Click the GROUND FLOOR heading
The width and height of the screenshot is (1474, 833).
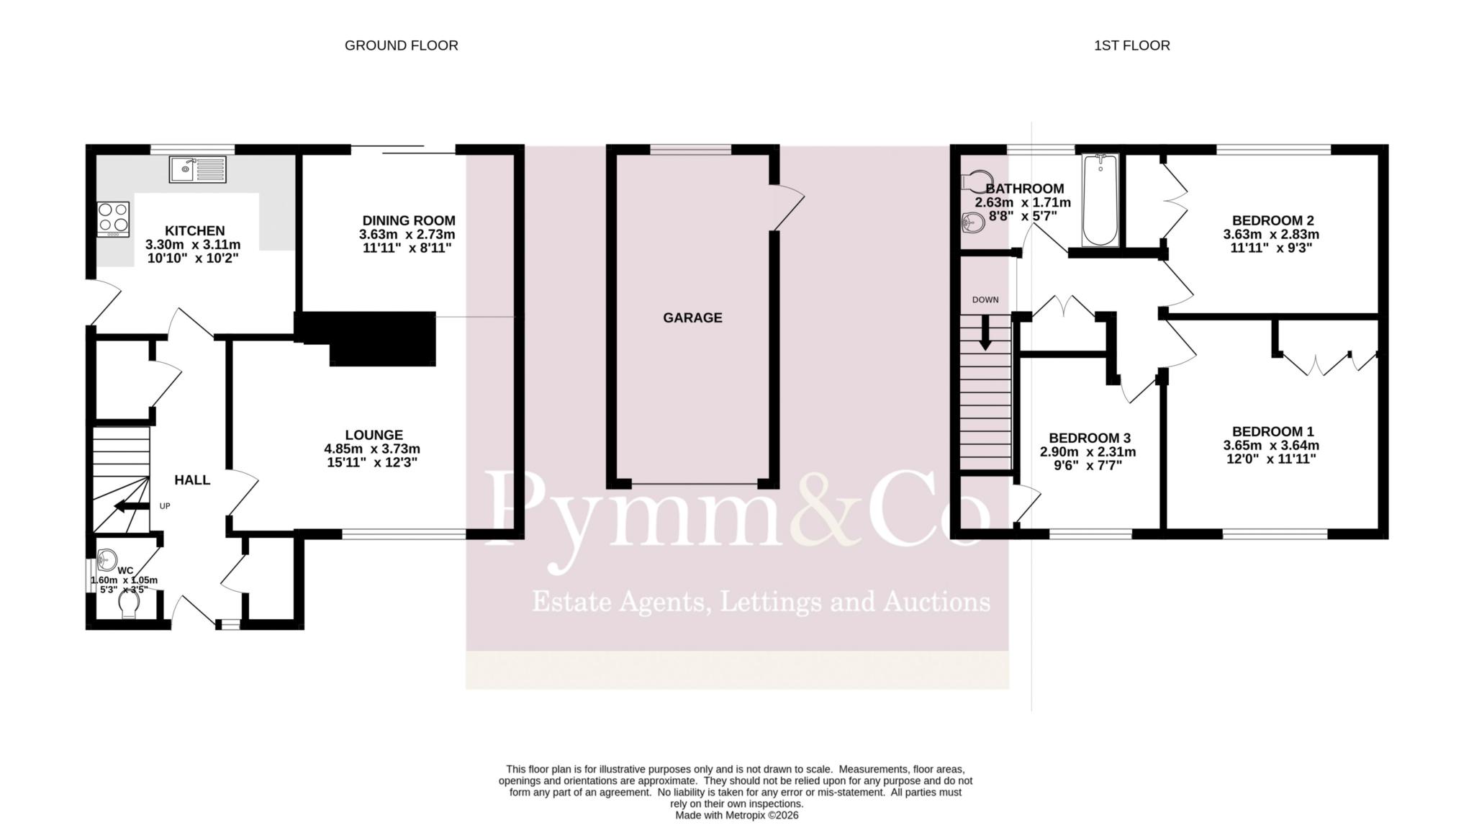click(401, 45)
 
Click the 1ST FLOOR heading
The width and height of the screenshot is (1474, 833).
click(1132, 45)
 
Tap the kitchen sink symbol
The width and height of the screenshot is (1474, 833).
click(198, 169)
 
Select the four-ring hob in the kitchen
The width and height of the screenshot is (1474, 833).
click(114, 219)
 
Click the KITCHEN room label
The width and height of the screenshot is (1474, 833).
click(195, 231)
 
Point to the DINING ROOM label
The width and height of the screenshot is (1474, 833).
click(409, 220)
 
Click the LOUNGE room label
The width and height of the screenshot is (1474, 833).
click(374, 435)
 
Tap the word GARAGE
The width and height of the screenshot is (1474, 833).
click(692, 318)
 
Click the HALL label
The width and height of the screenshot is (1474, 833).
click(192, 480)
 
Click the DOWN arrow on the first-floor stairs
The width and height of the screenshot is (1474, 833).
click(985, 334)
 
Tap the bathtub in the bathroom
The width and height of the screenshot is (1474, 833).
click(1100, 200)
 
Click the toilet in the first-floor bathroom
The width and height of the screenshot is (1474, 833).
click(977, 181)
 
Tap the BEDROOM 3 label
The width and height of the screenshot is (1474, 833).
click(1090, 438)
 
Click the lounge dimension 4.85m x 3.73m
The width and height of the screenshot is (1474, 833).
click(372, 449)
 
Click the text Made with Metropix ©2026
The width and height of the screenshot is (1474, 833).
click(736, 816)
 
